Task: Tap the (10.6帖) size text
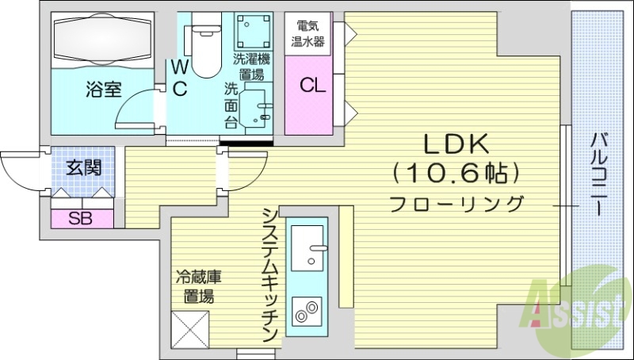coord(457,171)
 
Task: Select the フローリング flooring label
coord(457,203)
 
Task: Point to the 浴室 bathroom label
coord(104,89)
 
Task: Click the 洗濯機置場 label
coord(252,67)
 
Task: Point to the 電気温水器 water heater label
coord(308,33)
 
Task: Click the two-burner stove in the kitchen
coord(306,312)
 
